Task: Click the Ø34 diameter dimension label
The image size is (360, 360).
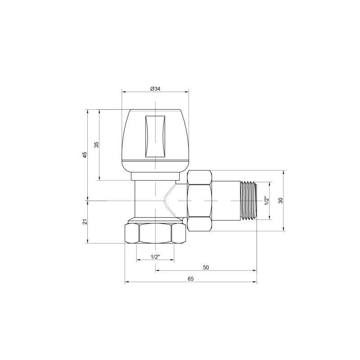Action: (155, 89)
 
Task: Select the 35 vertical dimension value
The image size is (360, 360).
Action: (96, 144)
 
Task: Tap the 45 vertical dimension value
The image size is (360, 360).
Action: (85, 154)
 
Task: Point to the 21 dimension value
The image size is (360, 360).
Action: (85, 221)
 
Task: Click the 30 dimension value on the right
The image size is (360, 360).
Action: (280, 201)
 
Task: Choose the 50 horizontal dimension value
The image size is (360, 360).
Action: (206, 267)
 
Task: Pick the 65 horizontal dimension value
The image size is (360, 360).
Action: (190, 279)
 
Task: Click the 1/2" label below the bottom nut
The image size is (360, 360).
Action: (155, 256)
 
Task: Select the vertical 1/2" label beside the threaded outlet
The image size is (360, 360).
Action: (266, 201)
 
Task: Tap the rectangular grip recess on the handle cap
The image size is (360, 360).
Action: (155, 136)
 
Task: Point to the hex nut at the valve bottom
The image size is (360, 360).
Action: (155, 233)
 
